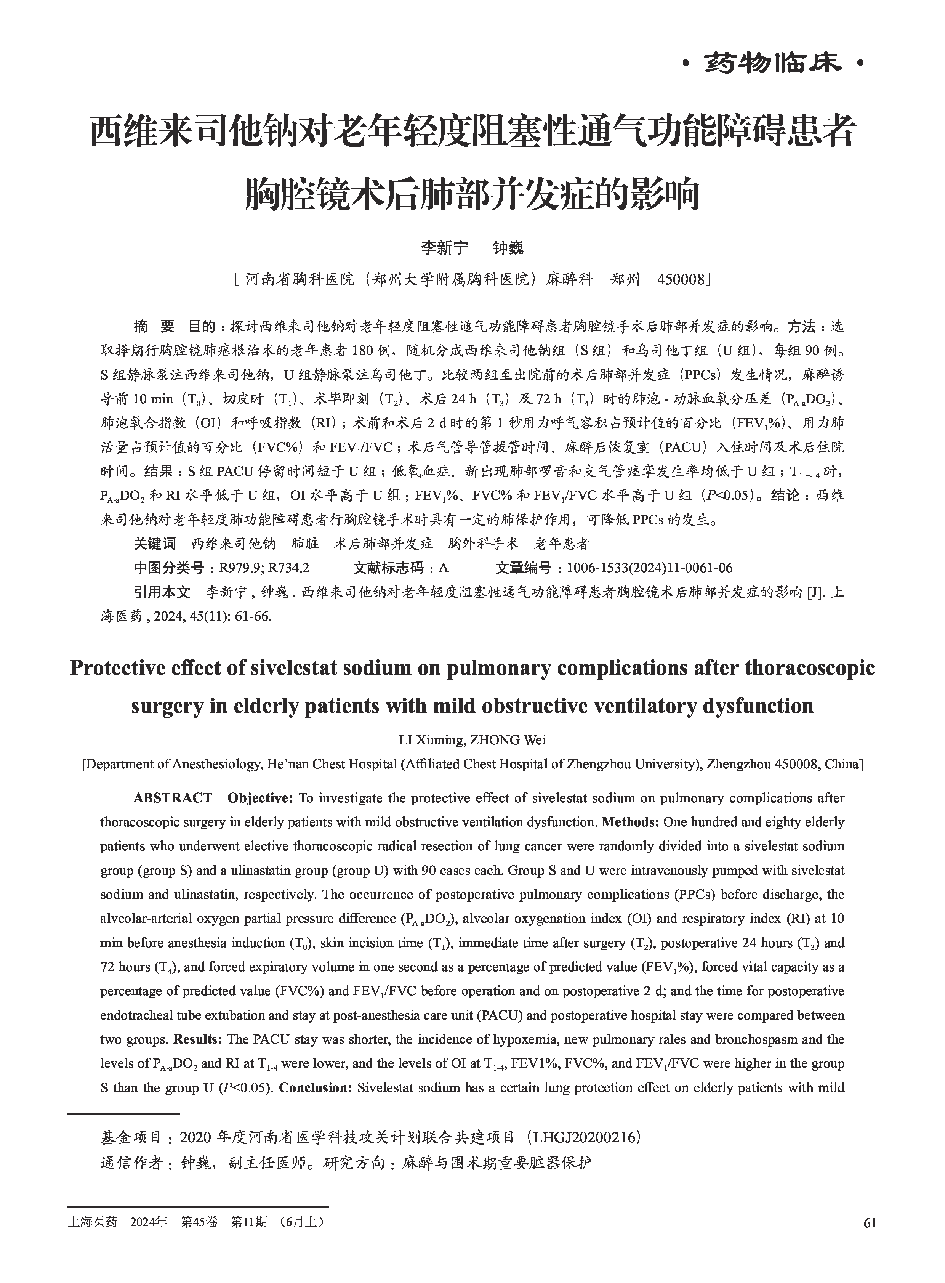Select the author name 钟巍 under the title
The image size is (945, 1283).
(508, 248)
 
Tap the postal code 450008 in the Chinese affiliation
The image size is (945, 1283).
(681, 280)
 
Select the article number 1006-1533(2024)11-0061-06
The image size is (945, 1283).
(649, 568)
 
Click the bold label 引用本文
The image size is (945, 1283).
(162, 592)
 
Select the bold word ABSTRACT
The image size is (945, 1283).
(173, 798)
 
